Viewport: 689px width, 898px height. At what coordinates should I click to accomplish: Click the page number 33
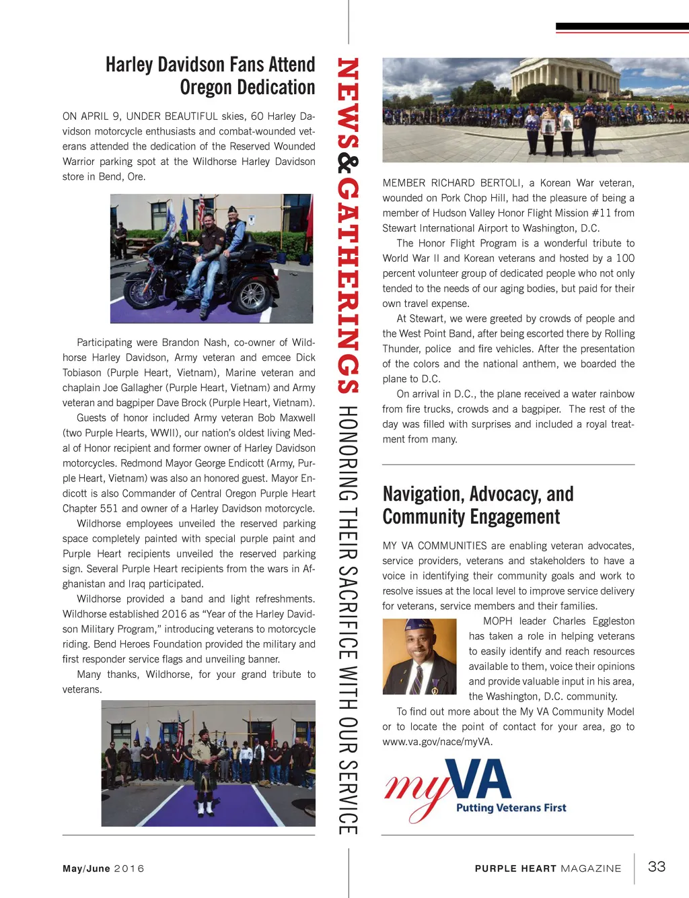coord(656,866)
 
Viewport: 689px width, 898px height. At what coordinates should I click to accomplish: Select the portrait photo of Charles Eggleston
coord(419,656)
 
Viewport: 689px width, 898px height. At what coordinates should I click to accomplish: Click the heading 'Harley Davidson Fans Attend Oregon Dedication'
coord(210,76)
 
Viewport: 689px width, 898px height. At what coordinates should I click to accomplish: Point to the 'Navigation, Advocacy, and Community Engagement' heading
coord(478,505)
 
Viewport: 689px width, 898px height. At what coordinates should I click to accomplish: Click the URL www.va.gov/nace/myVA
coord(437,742)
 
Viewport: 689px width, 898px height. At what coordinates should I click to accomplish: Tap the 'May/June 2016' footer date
coord(103,868)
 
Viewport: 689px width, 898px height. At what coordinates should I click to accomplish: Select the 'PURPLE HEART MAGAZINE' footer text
coord(548,868)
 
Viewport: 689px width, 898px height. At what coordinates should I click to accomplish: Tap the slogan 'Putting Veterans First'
coord(511,808)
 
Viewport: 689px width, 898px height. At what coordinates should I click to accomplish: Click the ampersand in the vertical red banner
coord(348,162)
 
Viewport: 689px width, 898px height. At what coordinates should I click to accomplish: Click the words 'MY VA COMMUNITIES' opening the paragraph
coord(435,546)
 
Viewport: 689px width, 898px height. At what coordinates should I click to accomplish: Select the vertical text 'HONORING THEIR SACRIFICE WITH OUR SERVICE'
coord(348,619)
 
